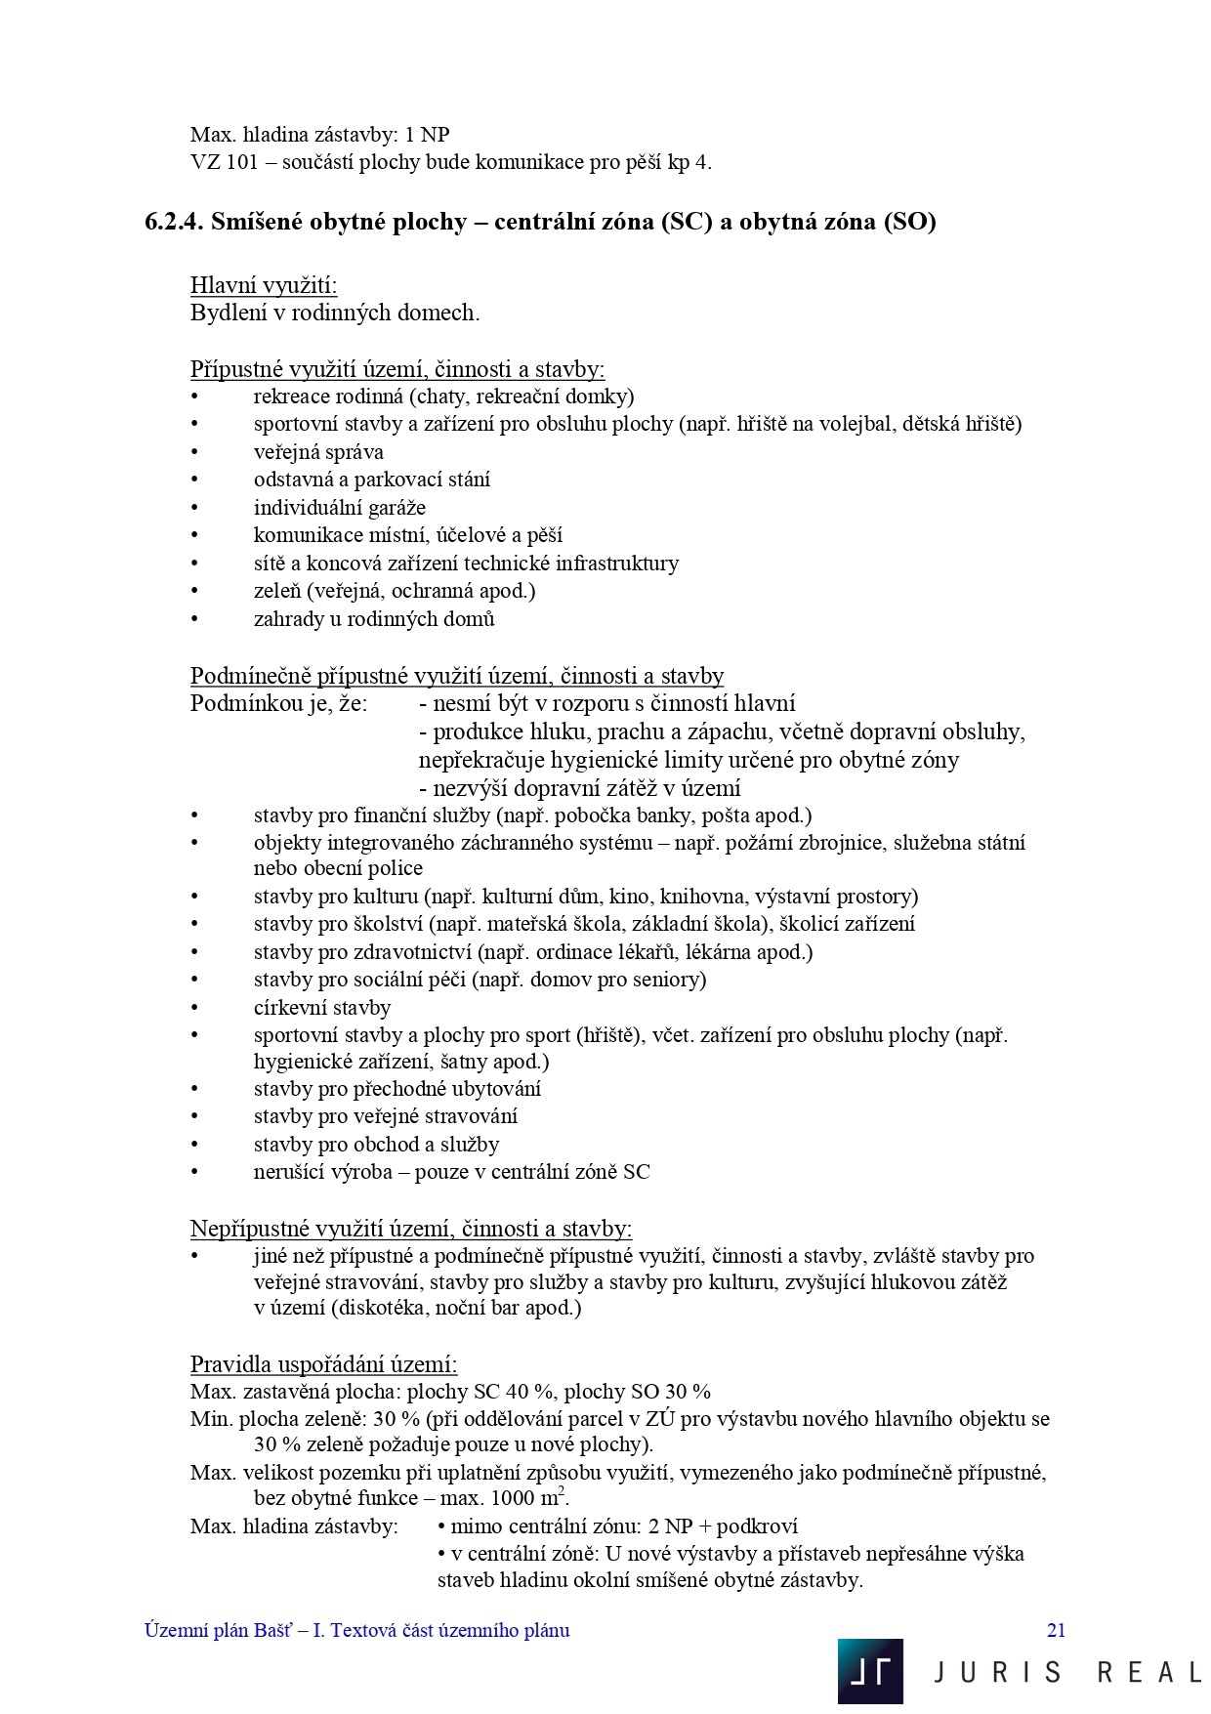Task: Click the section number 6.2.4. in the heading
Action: click(174, 222)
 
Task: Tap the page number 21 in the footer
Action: click(1056, 1630)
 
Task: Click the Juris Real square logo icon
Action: click(870, 1671)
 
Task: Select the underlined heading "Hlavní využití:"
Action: click(264, 285)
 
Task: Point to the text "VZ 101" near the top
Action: click(225, 162)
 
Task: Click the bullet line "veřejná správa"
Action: click(318, 452)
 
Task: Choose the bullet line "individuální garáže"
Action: click(339, 508)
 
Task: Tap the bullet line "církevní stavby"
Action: click(321, 1008)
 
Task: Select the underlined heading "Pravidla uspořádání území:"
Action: click(323, 1364)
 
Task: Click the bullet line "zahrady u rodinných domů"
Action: click(374, 619)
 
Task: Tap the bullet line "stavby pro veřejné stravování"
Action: click(385, 1116)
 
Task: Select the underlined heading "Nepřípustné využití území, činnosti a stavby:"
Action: click(410, 1229)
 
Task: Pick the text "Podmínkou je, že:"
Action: click(278, 703)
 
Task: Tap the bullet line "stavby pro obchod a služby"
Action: click(376, 1145)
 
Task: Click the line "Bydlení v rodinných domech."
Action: click(335, 314)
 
